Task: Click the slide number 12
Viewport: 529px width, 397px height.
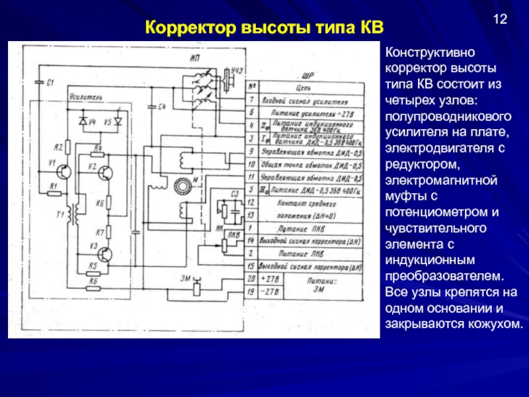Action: coord(499,19)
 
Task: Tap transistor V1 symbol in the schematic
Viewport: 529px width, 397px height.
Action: coord(63,171)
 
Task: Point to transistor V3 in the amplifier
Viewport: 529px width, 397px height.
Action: coord(106,253)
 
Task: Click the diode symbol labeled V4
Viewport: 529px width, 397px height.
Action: coord(83,122)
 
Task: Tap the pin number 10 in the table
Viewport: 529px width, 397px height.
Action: coord(251,165)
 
